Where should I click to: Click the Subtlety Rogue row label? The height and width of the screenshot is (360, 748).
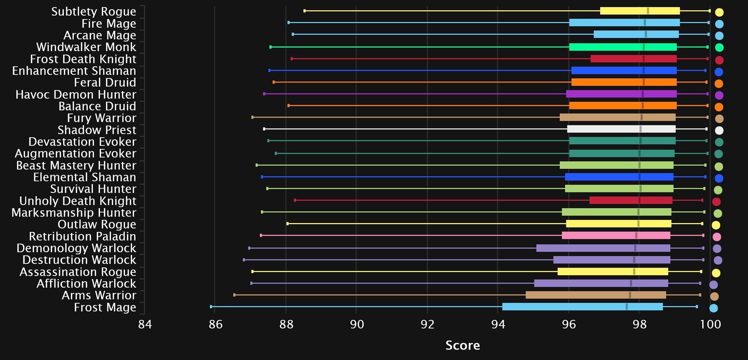94,12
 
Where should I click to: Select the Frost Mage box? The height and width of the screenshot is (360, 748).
582,307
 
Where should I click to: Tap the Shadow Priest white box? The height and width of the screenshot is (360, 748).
621,129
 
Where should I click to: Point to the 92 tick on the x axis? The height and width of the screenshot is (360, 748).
427,324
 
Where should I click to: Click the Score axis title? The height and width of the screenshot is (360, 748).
462,345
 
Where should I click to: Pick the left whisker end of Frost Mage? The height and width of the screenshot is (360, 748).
211,307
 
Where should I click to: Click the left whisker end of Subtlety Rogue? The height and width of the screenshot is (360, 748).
305,11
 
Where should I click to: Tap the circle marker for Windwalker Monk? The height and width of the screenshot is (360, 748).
719,48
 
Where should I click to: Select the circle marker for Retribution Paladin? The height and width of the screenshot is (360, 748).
717,237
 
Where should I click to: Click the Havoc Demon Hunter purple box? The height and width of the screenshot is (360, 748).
621,94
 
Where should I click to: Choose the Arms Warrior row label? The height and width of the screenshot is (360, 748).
99,295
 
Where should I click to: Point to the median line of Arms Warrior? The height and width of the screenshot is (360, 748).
630,295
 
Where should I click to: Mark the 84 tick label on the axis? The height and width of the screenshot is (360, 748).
145,324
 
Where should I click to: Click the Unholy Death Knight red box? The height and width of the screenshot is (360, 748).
631,200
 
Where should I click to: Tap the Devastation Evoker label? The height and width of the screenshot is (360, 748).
82,142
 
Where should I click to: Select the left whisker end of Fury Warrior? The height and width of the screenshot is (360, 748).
252,117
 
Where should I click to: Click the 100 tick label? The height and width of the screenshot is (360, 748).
710,324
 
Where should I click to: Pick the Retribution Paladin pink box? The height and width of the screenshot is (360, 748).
616,236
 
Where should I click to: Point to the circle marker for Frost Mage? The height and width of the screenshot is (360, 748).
714,308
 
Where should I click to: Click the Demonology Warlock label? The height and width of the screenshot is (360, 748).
76,248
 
